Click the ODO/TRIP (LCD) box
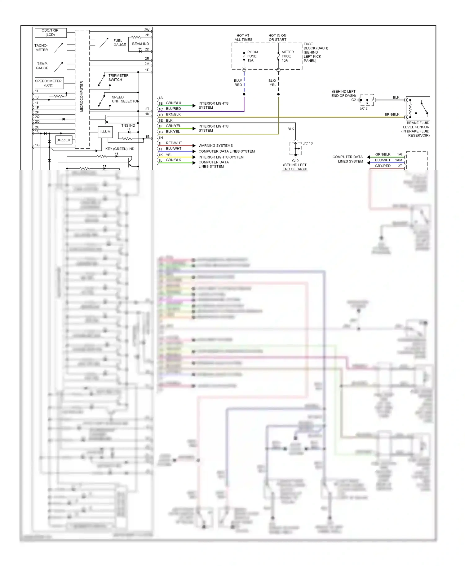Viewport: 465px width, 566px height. [x=51, y=33]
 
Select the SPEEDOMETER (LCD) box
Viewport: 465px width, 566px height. [x=49, y=83]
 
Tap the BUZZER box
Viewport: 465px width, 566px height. [x=64, y=140]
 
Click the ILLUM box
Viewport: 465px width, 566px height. [x=105, y=132]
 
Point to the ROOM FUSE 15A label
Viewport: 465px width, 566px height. [x=252, y=56]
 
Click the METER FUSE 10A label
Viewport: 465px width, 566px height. [x=287, y=56]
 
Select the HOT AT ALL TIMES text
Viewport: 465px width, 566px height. [x=243, y=37]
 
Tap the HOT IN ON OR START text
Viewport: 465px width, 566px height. [x=277, y=37]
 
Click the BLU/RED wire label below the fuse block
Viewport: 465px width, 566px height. [x=238, y=83]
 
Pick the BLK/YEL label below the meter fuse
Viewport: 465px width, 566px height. [x=272, y=83]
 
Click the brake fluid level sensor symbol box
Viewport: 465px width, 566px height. [x=418, y=108]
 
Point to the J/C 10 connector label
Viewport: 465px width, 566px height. [x=308, y=143]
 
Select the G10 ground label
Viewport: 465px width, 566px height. [x=295, y=161]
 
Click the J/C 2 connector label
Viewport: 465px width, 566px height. [x=363, y=108]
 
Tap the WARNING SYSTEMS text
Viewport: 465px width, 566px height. [x=215, y=146]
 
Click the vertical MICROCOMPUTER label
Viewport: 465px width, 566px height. [x=82, y=96]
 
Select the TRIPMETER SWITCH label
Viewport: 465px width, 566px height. [x=118, y=78]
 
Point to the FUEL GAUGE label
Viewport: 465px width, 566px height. [x=120, y=43]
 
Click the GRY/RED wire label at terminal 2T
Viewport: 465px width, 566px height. [x=383, y=166]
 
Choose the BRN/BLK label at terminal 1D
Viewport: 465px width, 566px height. [x=173, y=115]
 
